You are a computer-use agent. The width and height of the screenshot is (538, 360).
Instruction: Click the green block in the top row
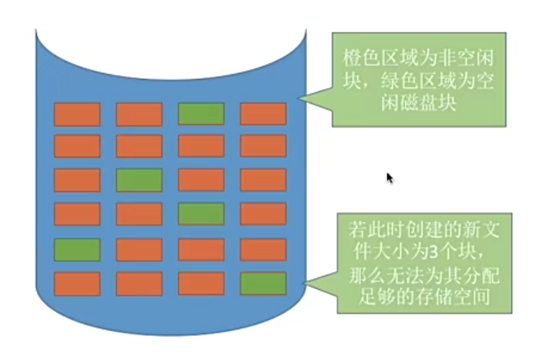click(201, 114)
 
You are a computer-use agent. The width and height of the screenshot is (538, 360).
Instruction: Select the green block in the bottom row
click(263, 284)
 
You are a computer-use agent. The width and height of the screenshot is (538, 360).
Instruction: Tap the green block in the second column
click(139, 181)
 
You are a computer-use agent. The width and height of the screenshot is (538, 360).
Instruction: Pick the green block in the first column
click(77, 250)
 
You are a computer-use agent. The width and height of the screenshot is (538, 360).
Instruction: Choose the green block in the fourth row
click(201, 214)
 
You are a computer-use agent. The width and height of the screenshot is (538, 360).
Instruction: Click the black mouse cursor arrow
click(389, 178)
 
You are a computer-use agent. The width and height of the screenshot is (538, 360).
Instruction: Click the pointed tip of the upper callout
click(299, 98)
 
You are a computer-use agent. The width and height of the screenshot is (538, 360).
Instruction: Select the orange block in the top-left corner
click(77, 114)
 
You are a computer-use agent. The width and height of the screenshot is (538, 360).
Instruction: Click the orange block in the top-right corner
click(263, 114)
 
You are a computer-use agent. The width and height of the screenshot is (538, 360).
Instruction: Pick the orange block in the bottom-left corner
click(77, 284)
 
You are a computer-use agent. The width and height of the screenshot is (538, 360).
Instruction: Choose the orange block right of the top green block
click(263, 114)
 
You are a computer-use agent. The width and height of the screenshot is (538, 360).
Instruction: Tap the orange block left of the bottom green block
click(201, 284)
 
